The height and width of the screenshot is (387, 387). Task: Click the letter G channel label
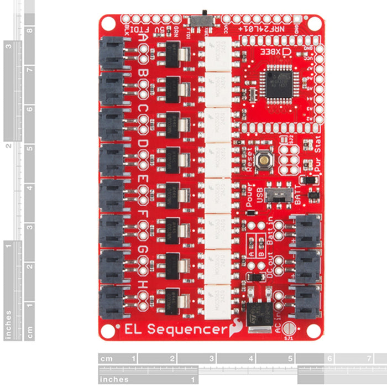tap(143, 250)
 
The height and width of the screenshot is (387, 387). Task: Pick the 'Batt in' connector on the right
tap(307, 230)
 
